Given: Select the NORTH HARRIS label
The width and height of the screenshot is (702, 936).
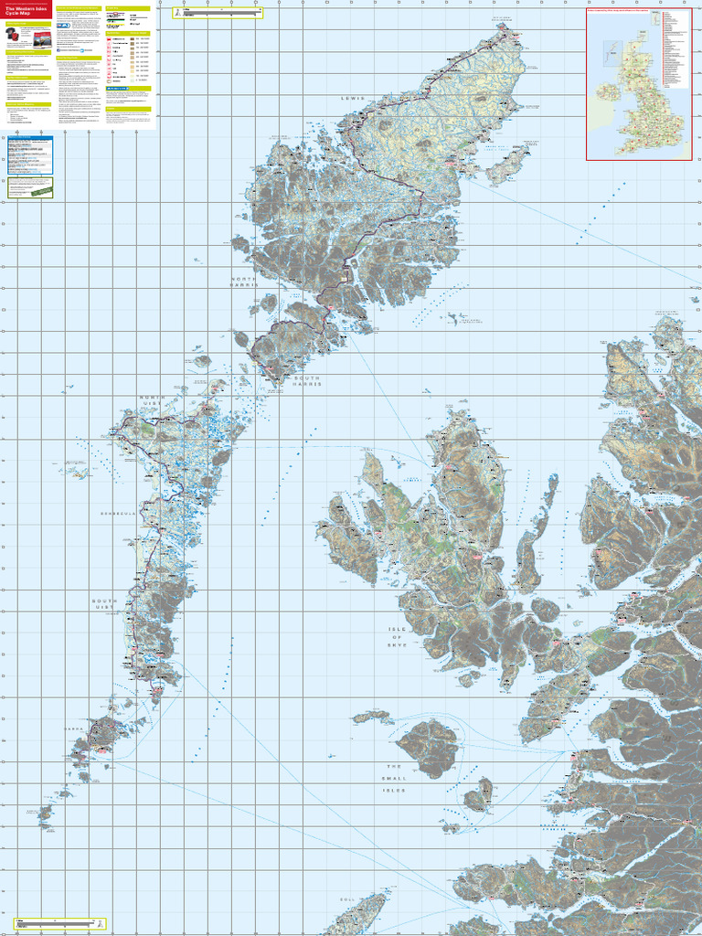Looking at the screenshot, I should click(x=244, y=282).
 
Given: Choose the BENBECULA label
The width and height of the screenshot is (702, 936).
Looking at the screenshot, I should click(x=118, y=514).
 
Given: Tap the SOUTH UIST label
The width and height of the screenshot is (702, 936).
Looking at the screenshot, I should click(x=104, y=605).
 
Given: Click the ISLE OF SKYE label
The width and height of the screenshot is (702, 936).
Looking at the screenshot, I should click(x=395, y=637).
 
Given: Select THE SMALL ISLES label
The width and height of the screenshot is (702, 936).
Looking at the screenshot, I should click(x=394, y=778).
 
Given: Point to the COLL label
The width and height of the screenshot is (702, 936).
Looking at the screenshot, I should click(x=346, y=899).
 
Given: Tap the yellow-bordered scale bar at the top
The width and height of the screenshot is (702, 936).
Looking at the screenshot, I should click(x=217, y=14).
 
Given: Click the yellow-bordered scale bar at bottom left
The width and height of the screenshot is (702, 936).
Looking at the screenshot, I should click(x=55, y=925).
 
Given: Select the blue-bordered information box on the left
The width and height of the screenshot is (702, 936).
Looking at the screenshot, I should click(x=28, y=155).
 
